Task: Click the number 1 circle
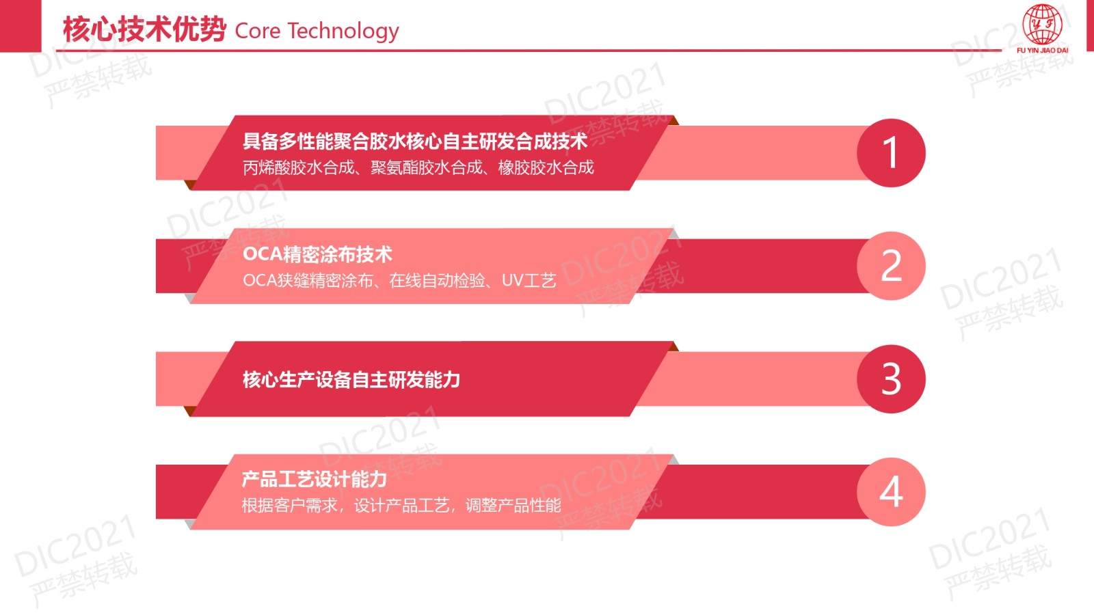pyautogui.click(x=891, y=153)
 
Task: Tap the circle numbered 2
pyautogui.click(x=891, y=266)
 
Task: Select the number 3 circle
pyautogui.click(x=891, y=379)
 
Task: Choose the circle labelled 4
pyautogui.click(x=891, y=492)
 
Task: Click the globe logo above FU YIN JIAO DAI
pyautogui.click(x=1042, y=25)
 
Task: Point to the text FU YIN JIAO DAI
pyautogui.click(x=1042, y=51)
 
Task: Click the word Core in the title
pyautogui.click(x=258, y=31)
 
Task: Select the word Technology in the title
pyautogui.click(x=343, y=32)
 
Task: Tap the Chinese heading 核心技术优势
pyautogui.click(x=144, y=29)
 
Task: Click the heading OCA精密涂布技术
pyautogui.click(x=317, y=254)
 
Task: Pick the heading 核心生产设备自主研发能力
pyautogui.click(x=351, y=380)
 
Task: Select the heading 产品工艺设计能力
pyautogui.click(x=315, y=479)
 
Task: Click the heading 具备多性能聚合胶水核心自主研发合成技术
pyautogui.click(x=415, y=141)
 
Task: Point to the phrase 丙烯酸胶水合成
pyautogui.click(x=298, y=168)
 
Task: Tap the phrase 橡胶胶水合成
pyautogui.click(x=546, y=168)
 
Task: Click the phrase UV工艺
pyautogui.click(x=529, y=281)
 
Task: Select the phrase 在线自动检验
pyautogui.click(x=437, y=281)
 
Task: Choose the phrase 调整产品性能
pyautogui.click(x=513, y=506)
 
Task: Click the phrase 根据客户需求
pyautogui.click(x=290, y=506)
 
